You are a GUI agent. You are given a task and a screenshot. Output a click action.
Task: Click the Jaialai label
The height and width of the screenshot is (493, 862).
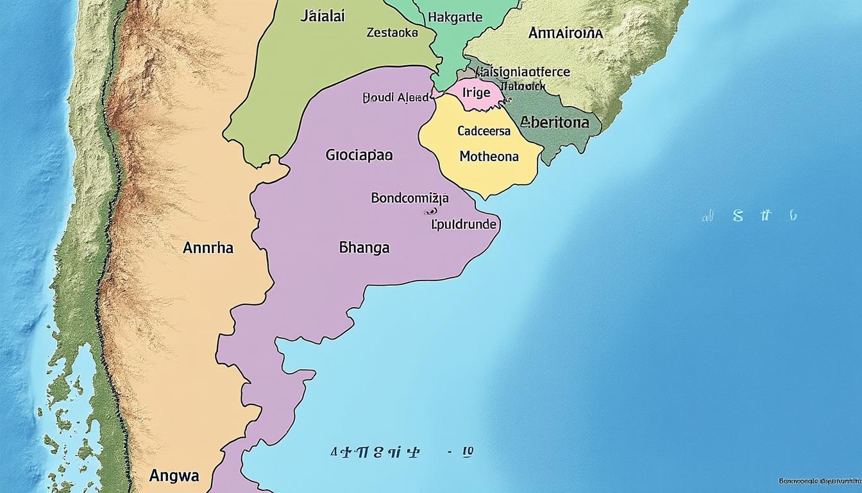(x=322, y=17)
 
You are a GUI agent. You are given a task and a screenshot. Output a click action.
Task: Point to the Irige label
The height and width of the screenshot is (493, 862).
(x=476, y=92)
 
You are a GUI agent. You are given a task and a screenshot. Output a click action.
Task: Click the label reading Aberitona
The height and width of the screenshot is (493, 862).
(x=555, y=122)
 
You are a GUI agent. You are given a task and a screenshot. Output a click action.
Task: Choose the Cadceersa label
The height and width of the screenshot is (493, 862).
(x=484, y=131)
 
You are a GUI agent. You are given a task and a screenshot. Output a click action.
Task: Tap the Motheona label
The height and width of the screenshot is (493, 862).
(x=489, y=155)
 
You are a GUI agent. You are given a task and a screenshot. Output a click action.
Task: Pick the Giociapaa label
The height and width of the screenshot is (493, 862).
(x=359, y=155)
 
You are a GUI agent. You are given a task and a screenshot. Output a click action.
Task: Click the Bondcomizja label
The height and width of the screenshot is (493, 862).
(x=410, y=198)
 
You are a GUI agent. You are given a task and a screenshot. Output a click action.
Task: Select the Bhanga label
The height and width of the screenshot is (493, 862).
(x=364, y=247)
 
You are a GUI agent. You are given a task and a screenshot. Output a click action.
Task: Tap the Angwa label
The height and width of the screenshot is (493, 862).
(x=174, y=476)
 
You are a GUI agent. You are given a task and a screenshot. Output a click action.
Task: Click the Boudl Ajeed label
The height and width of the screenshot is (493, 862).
(x=396, y=98)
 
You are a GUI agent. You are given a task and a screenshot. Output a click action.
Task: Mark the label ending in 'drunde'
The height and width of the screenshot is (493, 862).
(x=464, y=225)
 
